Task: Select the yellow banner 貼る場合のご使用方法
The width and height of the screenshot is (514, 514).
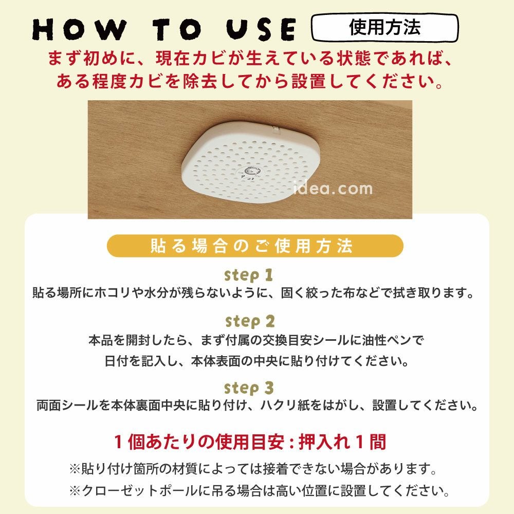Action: click(x=255, y=246)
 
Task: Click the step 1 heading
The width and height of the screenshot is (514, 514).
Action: click(x=249, y=274)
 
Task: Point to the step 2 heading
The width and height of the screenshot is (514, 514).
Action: click(x=250, y=321)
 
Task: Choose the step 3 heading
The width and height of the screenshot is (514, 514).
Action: click(x=250, y=387)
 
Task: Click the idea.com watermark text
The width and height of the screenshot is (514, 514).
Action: click(x=333, y=189)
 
